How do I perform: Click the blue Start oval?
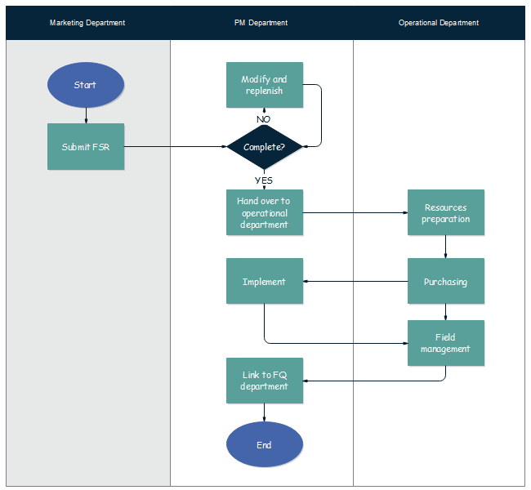coord(85,86)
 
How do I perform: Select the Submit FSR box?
coord(85,147)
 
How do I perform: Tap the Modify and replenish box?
coord(264,85)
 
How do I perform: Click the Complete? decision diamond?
coord(264,147)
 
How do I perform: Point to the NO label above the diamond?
coord(263,119)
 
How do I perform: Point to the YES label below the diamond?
coord(263,180)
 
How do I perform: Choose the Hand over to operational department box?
coord(264,212)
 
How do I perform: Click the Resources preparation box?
coord(445,212)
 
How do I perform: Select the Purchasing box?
coord(445,282)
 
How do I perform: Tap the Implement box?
coord(264,282)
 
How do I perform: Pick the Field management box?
coord(445,343)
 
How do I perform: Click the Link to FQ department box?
coord(264,381)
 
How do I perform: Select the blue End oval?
coord(264,445)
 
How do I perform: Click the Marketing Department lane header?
coord(87,23)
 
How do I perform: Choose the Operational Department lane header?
coord(439,23)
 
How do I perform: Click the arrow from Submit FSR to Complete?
coord(175,147)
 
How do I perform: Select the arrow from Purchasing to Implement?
coord(355,282)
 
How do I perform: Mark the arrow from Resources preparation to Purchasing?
coord(445,247)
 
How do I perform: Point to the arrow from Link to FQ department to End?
coord(264,412)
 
